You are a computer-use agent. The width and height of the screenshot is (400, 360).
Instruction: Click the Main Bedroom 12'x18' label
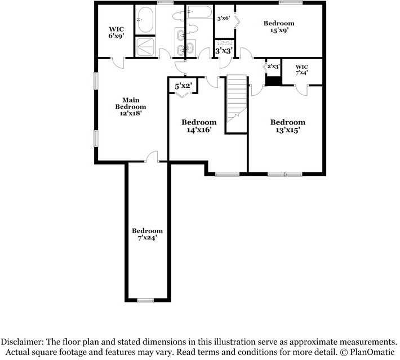click(131, 106)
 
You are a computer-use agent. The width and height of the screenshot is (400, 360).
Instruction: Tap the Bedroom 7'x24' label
click(147, 234)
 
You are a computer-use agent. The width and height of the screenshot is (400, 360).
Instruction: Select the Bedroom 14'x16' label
click(198, 126)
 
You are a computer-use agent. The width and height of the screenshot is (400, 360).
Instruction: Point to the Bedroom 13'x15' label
click(287, 126)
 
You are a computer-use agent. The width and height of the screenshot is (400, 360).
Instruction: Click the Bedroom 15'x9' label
click(279, 27)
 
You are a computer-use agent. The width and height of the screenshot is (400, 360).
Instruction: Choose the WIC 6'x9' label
click(117, 32)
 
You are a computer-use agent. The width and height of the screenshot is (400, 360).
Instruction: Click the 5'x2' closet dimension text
click(184, 86)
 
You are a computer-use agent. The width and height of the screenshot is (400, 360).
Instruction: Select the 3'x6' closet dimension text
click(223, 19)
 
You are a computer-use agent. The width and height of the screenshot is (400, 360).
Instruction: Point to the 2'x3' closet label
click(274, 66)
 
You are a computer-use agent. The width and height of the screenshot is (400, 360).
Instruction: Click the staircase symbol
click(237, 101)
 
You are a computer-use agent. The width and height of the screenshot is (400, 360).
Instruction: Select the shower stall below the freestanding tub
click(145, 47)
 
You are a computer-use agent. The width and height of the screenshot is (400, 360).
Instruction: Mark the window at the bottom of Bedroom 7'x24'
click(145, 300)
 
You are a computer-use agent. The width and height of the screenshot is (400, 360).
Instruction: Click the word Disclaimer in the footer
click(23, 342)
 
